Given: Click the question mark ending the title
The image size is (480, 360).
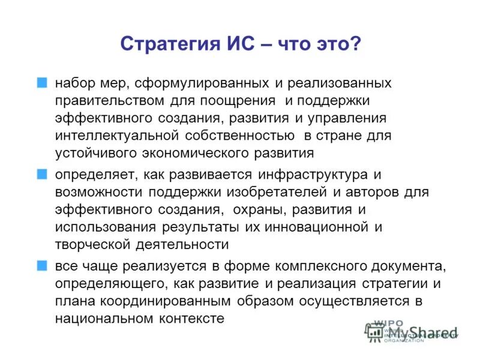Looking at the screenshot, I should [355, 44].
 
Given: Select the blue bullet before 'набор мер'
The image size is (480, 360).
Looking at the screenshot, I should [41, 82].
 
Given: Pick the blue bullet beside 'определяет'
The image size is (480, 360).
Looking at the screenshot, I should [41, 174].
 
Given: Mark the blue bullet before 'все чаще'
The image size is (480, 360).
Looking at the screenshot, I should [41, 265].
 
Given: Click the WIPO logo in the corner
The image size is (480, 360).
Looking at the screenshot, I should [384, 331].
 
